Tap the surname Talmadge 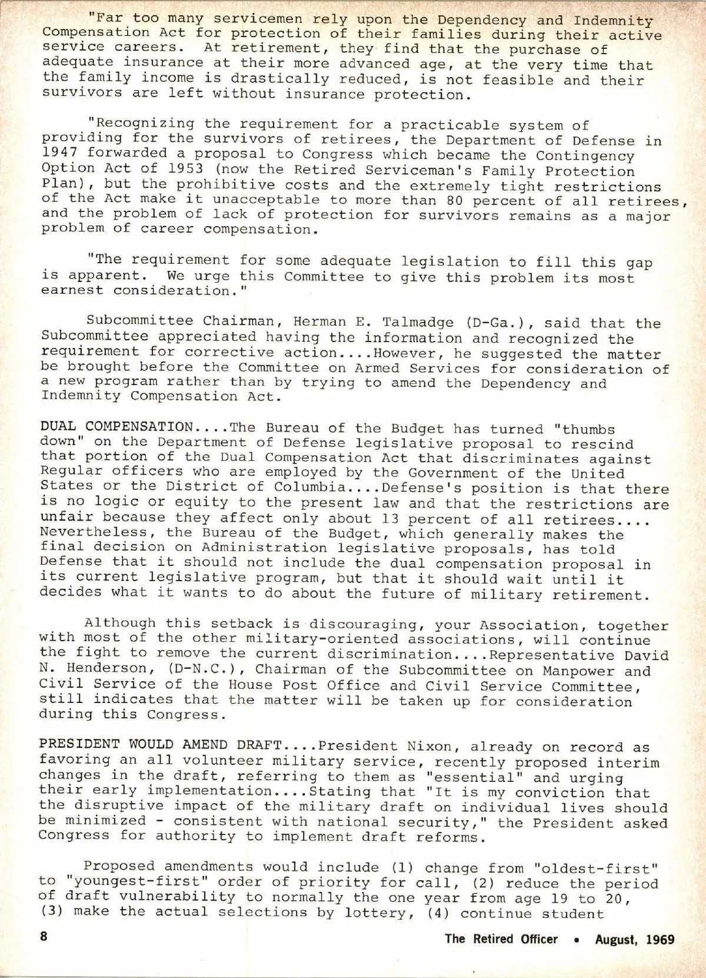click(418, 323)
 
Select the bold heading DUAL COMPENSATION click(116, 427)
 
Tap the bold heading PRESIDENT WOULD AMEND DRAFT click(161, 744)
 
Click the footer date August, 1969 click(635, 939)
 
